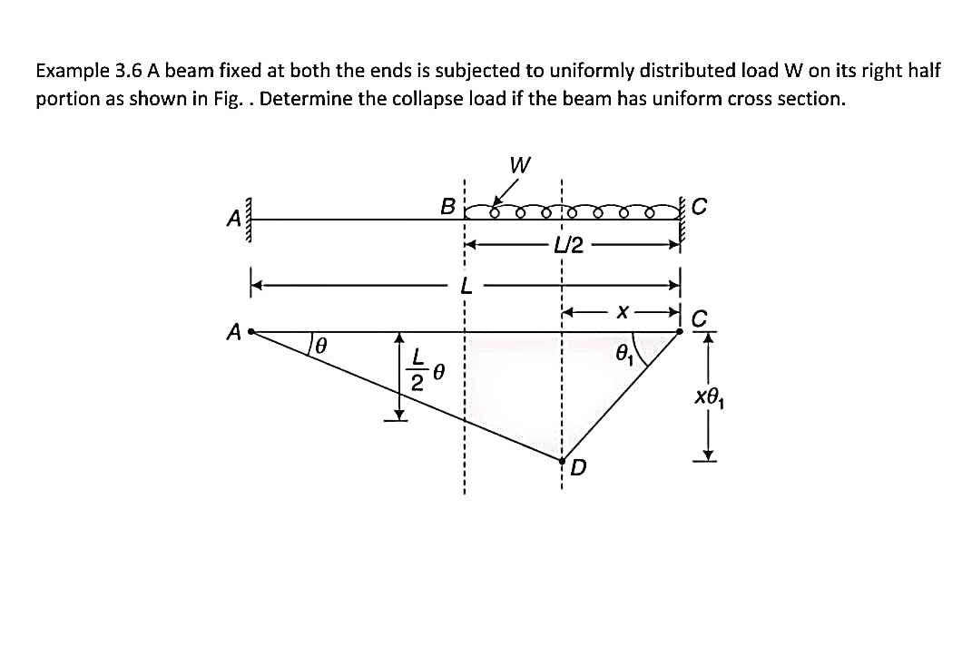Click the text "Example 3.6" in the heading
coord(78,71)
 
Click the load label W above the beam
coord(520,166)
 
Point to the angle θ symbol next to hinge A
coord(319,346)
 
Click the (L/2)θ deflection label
coord(426,371)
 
